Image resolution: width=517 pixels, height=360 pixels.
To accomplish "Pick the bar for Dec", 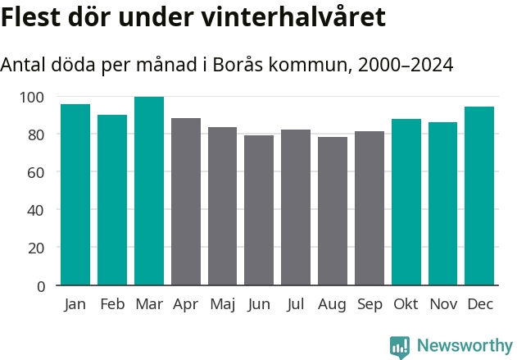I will click(479, 196).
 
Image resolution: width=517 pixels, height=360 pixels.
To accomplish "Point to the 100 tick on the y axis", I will click(32, 97).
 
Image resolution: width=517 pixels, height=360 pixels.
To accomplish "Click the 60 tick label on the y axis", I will click(35, 172).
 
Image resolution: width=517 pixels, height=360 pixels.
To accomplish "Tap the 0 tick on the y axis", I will click(40, 286).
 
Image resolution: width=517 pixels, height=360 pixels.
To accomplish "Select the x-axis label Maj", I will click(222, 305).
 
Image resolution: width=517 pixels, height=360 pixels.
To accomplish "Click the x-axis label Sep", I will click(370, 305).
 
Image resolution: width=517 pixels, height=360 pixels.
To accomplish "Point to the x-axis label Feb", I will click(112, 304).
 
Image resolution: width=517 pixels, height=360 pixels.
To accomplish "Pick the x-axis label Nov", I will click(443, 304).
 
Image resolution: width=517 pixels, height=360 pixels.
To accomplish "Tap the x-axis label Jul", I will click(296, 304).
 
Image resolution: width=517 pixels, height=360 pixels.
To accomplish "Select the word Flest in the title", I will click(30, 17).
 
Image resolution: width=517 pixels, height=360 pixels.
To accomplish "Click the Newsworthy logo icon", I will click(400, 346).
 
